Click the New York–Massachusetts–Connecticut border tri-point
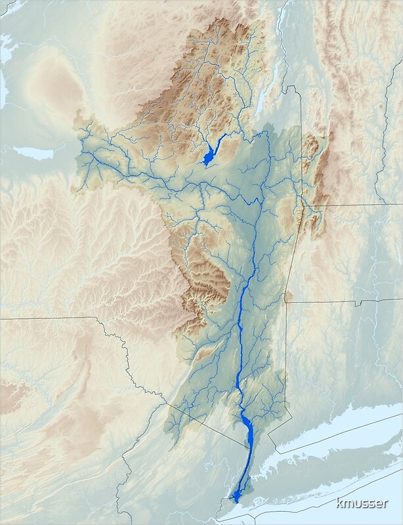pos(287,303)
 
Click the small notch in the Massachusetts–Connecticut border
pos(357,304)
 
